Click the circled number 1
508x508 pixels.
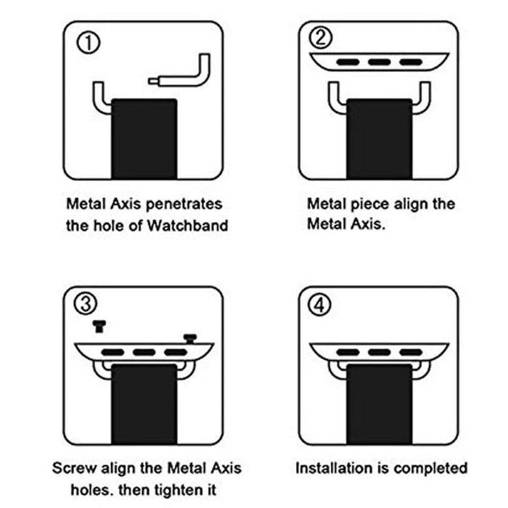89,41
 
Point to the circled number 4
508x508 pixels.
322,306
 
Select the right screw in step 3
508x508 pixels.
191,337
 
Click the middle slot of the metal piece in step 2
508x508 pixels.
379,62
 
